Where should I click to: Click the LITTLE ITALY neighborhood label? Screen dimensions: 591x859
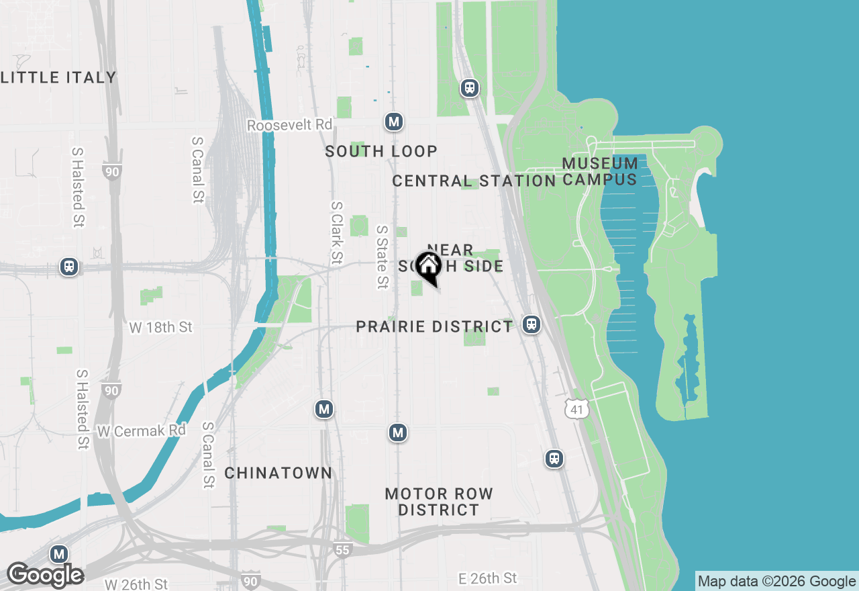tap(59, 77)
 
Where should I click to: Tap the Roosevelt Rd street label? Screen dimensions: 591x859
tap(289, 126)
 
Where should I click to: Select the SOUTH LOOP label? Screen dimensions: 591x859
tap(381, 151)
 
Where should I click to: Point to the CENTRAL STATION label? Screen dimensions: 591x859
tap(474, 181)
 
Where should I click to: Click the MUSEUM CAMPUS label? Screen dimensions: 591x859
tap(600, 171)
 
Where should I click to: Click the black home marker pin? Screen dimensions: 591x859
tap(428, 267)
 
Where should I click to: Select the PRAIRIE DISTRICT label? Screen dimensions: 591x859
tap(434, 326)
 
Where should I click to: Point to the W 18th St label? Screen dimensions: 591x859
tap(160, 327)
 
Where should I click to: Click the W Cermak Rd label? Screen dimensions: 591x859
tap(141, 430)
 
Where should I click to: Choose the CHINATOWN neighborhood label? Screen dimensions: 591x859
tap(278, 473)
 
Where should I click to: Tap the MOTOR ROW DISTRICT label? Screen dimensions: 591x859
tap(439, 502)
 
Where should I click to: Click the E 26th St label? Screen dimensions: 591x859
tap(488, 578)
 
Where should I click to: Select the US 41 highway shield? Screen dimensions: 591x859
tap(576, 408)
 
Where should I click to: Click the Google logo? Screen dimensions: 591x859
tap(45, 576)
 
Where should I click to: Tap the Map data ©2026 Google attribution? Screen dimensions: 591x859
tap(776, 582)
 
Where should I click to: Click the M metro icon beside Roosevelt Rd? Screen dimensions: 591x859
tap(393, 122)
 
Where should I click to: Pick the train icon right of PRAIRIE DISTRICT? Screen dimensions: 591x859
tap(532, 324)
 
